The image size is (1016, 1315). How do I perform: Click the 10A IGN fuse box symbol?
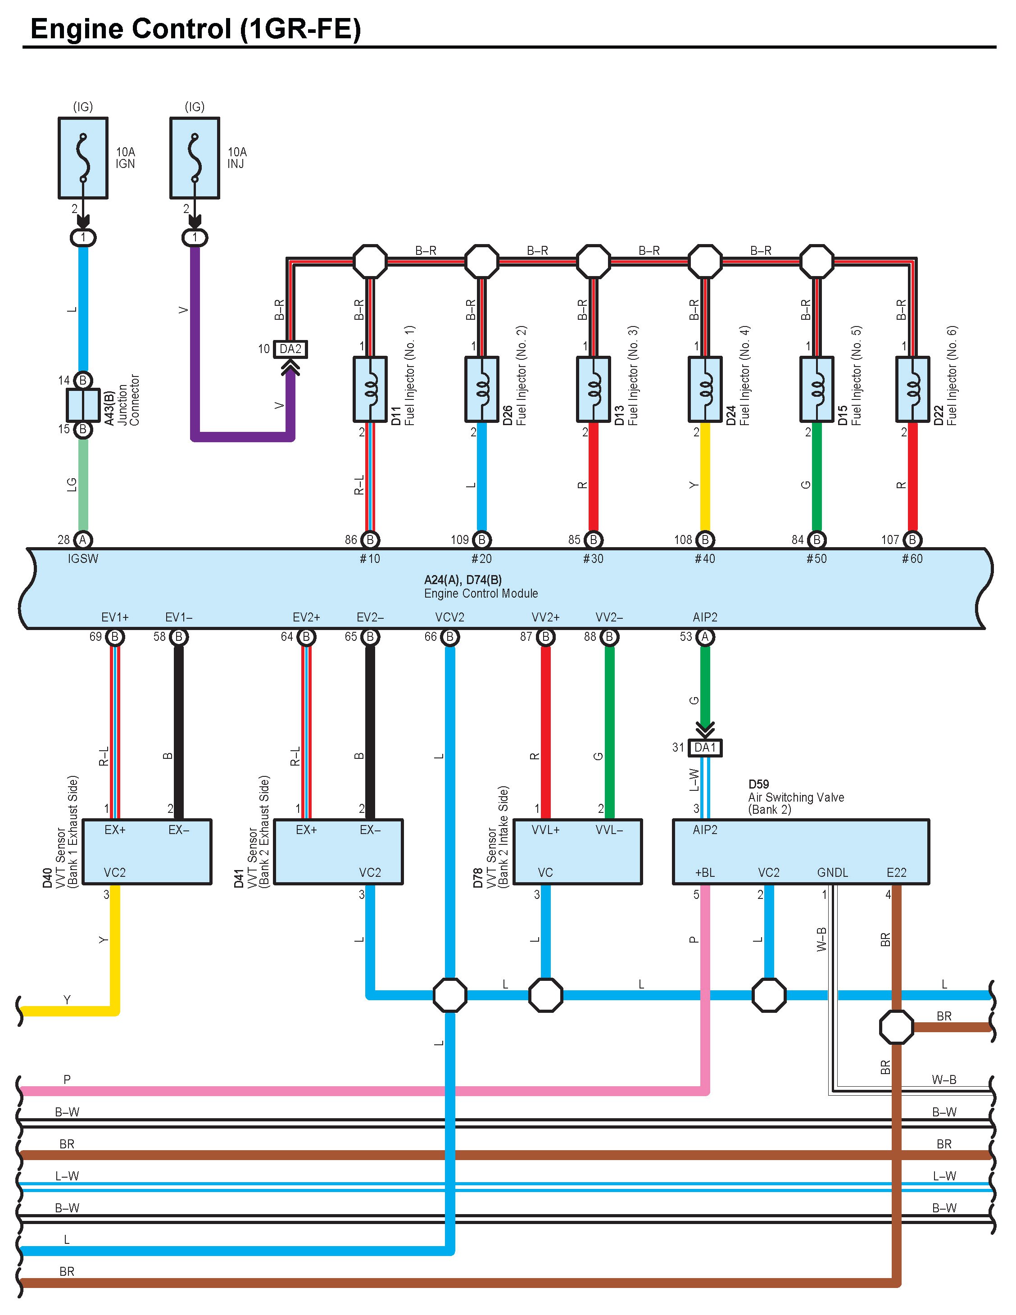[83, 158]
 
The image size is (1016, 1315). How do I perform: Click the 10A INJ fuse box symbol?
[195, 158]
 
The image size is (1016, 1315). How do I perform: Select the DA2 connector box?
[290, 349]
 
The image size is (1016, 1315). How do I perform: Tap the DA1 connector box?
[705, 748]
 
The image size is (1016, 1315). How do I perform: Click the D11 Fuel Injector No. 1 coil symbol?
[370, 389]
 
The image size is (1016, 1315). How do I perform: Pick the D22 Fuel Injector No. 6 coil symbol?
[912, 389]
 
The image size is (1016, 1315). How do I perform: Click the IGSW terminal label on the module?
[83, 559]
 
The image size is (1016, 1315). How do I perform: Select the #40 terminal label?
[705, 559]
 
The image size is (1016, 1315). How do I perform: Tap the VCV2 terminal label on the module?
[450, 617]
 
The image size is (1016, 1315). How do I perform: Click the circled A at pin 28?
[83, 540]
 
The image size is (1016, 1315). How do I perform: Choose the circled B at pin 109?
[482, 540]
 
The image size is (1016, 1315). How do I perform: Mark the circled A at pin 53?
[705, 637]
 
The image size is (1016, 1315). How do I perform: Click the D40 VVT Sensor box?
[147, 852]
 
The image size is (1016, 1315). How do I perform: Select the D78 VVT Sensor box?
[577, 852]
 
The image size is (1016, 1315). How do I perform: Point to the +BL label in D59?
[705, 872]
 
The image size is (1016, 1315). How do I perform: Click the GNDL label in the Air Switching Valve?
[832, 872]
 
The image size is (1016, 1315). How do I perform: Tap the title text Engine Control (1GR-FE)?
[196, 29]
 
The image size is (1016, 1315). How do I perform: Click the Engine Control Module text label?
[481, 594]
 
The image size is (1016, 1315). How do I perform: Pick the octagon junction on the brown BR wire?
[897, 1027]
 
